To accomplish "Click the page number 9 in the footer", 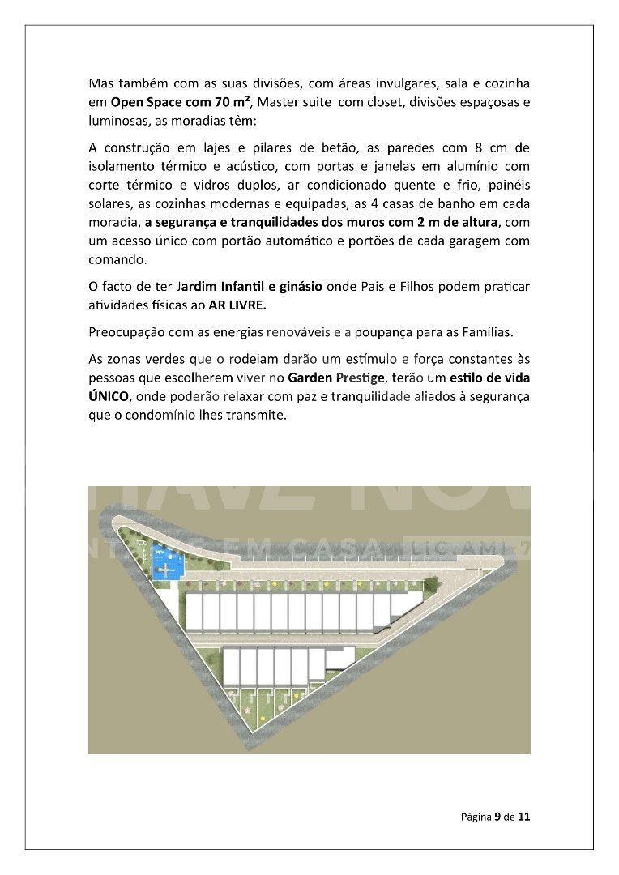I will point(497,817).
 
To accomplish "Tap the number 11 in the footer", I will point(523,817).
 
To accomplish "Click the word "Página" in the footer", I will point(476,817).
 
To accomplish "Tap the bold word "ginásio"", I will point(301,288).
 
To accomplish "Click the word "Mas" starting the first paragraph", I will point(101,83).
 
